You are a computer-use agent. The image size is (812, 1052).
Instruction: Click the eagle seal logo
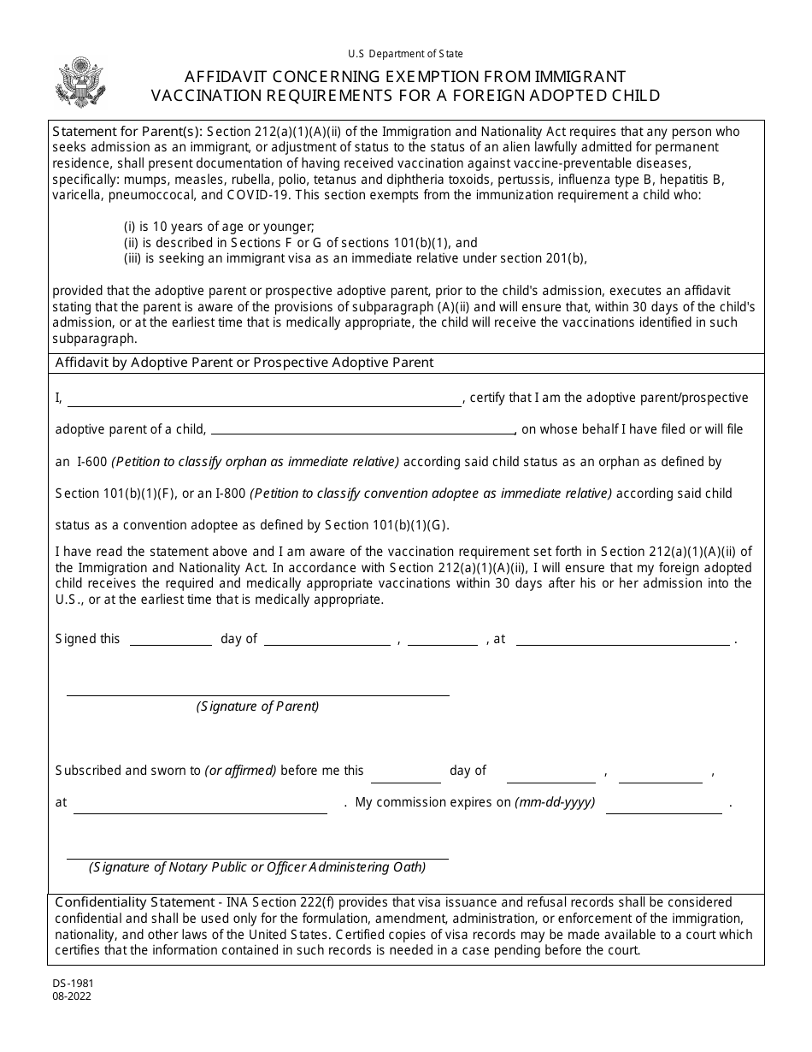click(79, 82)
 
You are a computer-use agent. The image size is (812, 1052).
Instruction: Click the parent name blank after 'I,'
click(264, 399)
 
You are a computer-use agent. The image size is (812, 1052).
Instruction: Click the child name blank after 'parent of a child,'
click(362, 430)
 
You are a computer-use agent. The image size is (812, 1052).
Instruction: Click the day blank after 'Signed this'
click(170, 639)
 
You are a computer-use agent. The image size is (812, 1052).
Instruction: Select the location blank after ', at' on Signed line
click(622, 639)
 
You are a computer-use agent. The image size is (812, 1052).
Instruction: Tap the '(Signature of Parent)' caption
click(257, 706)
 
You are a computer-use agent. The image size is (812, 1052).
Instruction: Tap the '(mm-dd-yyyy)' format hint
click(555, 803)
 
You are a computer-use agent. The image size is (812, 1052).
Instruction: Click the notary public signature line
click(257, 854)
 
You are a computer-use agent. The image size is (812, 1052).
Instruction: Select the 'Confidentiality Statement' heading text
click(133, 902)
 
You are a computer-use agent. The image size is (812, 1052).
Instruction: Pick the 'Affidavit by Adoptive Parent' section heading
click(244, 363)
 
